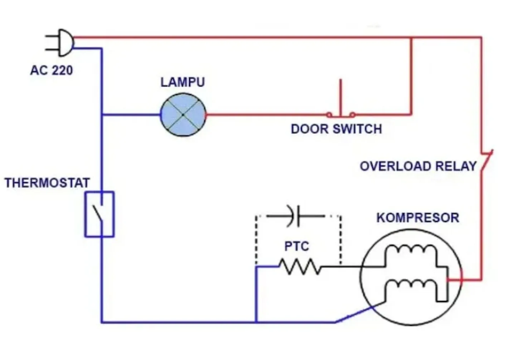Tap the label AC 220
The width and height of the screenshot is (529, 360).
point(52,70)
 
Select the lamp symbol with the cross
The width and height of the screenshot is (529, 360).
point(183,115)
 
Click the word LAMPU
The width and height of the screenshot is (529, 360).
point(183,82)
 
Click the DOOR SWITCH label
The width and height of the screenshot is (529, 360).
point(336,129)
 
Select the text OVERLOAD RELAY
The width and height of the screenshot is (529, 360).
point(418,166)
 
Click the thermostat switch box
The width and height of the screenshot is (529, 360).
point(100,214)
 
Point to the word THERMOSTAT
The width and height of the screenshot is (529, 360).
point(47,183)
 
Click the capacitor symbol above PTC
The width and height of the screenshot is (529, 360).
point(296,216)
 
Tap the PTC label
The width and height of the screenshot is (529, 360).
point(296,246)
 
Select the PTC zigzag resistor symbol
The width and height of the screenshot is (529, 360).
point(300,267)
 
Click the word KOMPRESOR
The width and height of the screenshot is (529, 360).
point(417,218)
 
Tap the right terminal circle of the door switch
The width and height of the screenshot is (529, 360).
point(353,115)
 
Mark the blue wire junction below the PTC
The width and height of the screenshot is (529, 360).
point(256,322)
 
